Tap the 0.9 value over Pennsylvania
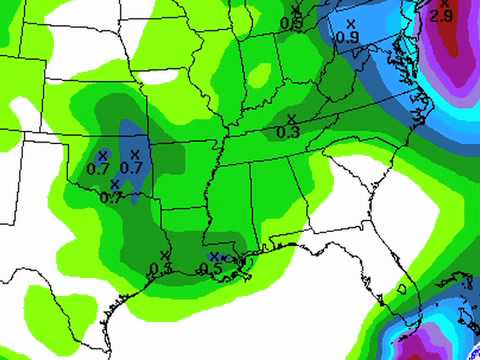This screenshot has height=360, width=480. pyautogui.click(x=348, y=37)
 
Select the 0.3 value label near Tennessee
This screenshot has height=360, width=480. pyautogui.click(x=287, y=132)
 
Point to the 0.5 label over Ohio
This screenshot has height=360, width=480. pyautogui.click(x=291, y=22)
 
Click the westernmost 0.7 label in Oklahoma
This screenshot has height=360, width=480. pyautogui.click(x=98, y=167)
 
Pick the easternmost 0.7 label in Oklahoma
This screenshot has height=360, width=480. pyautogui.click(x=130, y=167)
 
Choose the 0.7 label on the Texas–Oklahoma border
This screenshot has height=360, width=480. pyautogui.click(x=112, y=197)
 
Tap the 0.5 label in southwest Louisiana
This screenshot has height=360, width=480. pyautogui.click(x=161, y=268)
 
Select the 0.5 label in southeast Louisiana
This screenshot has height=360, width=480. pyautogui.click(x=210, y=269)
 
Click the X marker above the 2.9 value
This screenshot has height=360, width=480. pyautogui.click(x=445, y=4)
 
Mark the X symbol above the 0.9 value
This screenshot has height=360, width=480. pyautogui.click(x=349, y=23)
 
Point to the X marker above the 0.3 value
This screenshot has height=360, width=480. pyautogui.click(x=290, y=119)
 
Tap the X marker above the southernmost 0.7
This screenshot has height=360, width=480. pyautogui.click(x=115, y=184)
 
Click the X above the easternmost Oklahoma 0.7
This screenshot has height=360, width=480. pyautogui.click(x=134, y=153)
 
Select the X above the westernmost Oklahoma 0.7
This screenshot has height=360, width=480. pyautogui.click(x=102, y=154)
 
